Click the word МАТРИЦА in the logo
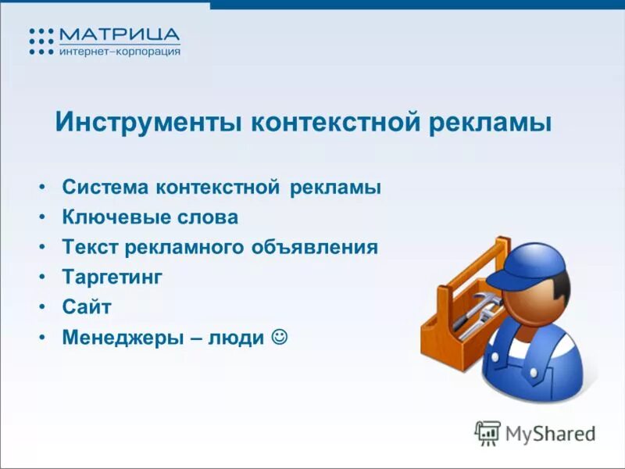(120, 36)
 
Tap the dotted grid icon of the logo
(41, 41)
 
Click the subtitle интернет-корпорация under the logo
(120, 52)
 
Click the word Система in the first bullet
(105, 188)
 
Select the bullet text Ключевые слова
(150, 217)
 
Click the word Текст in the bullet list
(88, 248)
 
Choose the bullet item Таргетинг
(112, 277)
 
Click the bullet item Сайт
(87, 307)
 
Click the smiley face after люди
(278, 337)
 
